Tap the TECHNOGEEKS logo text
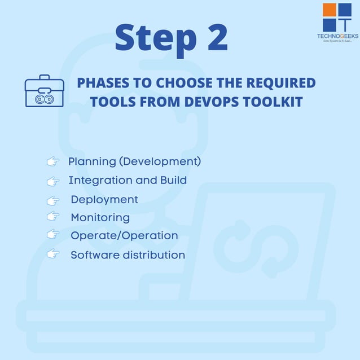point(337,36)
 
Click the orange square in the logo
point(329,10)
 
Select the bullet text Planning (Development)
point(134,161)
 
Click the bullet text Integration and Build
point(127,181)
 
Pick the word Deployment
point(104,200)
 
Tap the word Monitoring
point(100,217)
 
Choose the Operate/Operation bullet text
point(124,235)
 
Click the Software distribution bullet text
point(128,255)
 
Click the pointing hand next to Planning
point(53,162)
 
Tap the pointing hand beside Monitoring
point(53,216)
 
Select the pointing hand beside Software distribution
point(53,254)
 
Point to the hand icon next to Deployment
point(53,200)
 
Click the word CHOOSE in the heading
point(180,83)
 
